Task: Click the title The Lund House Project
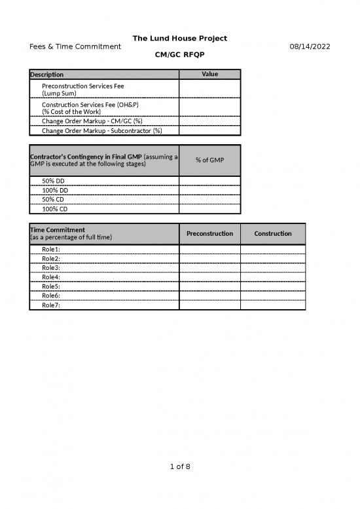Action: (180, 39)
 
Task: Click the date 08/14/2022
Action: (310, 47)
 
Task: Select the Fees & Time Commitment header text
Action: (75, 47)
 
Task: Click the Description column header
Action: (47, 75)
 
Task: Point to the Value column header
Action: (209, 74)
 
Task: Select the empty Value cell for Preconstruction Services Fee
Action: (209, 88)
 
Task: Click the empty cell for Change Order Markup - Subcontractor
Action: (209, 130)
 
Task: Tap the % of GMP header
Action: (209, 160)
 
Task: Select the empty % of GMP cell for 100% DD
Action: (209, 190)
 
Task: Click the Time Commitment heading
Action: (58, 230)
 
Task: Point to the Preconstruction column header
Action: (209, 234)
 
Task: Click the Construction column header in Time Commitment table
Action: (273, 234)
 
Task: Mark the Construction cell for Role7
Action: (273, 305)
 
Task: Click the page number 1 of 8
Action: (180, 466)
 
